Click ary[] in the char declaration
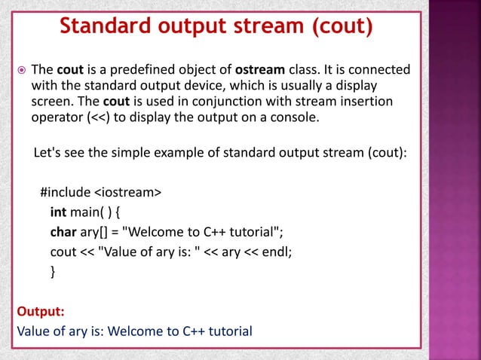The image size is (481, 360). pyautogui.click(x=96, y=231)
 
